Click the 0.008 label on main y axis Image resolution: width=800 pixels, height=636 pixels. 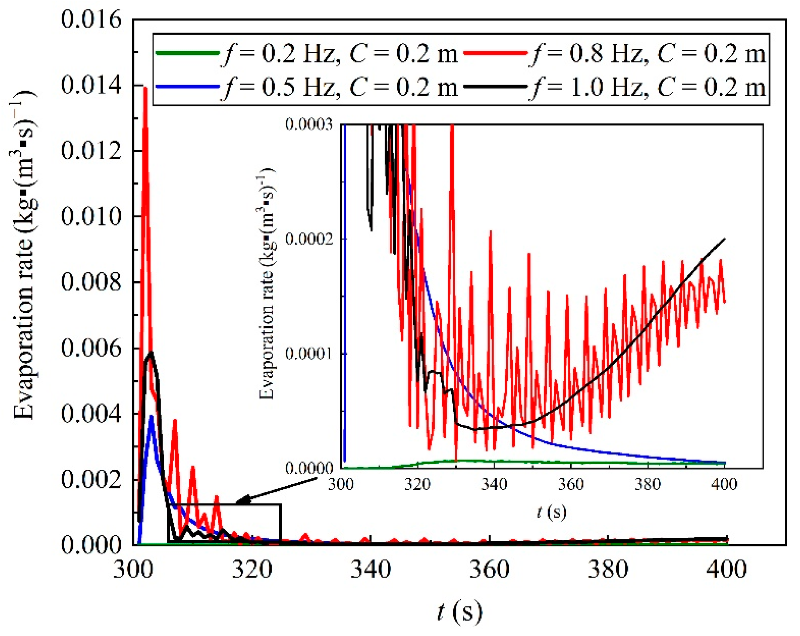pos(91,282)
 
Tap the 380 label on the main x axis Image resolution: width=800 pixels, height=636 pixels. pos(608,569)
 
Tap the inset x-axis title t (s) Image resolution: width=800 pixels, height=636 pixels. pos(551,512)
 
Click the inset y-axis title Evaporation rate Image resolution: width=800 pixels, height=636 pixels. pos(267,285)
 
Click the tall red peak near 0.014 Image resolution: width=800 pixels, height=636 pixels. pos(145,88)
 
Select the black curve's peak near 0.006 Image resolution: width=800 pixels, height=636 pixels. pos(151,352)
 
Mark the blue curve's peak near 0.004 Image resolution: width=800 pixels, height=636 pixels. pos(151,416)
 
